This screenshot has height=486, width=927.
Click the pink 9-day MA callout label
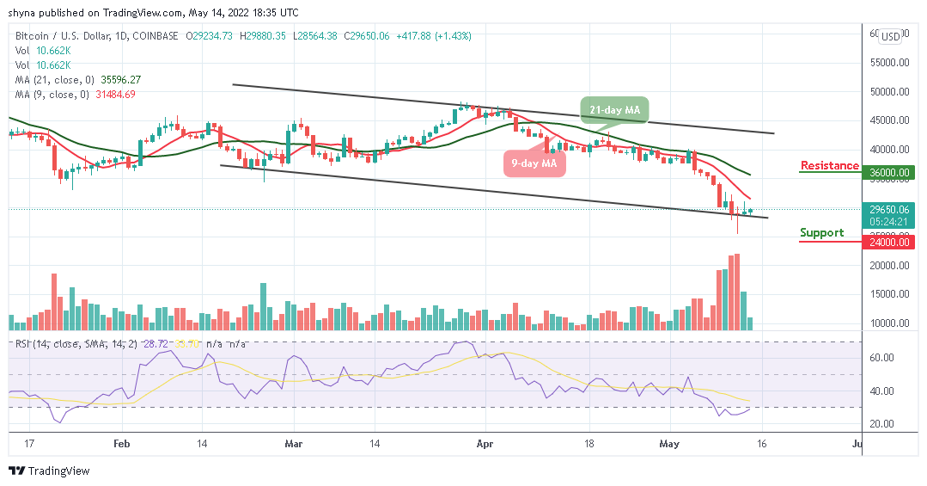click(534, 163)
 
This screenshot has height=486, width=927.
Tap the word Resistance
click(829, 165)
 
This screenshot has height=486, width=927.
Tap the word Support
click(821, 232)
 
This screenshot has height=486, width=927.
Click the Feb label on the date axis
click(121, 445)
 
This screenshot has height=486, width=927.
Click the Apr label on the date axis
click(485, 445)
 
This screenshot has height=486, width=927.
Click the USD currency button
click(891, 36)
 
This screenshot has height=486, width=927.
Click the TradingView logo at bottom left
click(49, 471)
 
